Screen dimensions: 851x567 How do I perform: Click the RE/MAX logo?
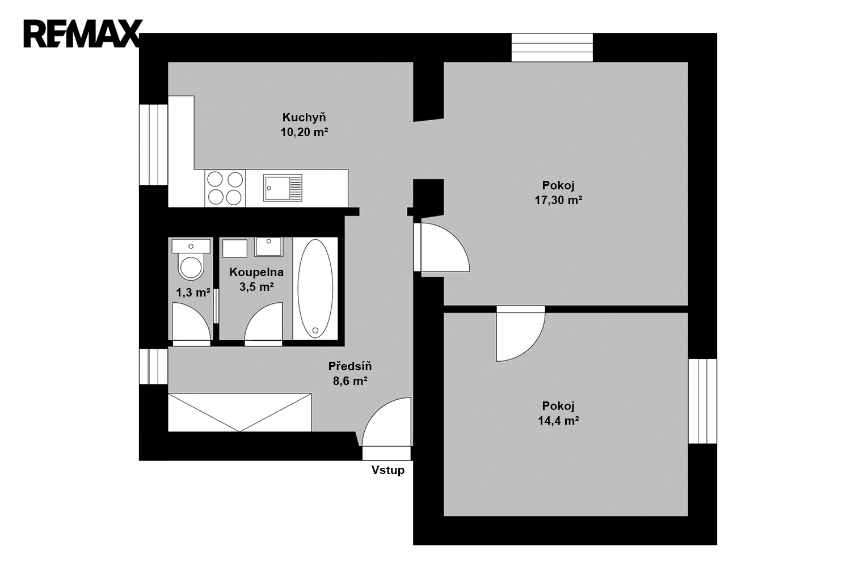[x=83, y=33]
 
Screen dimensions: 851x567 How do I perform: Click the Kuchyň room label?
[x=304, y=117]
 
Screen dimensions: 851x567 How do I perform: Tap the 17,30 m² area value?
[x=558, y=200]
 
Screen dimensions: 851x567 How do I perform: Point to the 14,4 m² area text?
[x=558, y=421]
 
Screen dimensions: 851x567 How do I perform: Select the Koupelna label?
[x=256, y=272]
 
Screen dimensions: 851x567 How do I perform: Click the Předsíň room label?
[x=350, y=366]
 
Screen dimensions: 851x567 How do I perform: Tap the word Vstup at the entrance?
[x=388, y=470]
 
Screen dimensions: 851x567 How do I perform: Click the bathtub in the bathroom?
[x=315, y=288]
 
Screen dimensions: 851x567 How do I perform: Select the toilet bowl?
[x=191, y=267]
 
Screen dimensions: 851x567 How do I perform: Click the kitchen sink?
[x=283, y=188]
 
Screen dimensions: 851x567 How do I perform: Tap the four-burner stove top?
[x=225, y=188]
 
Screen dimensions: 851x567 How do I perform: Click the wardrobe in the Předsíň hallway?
[x=240, y=412]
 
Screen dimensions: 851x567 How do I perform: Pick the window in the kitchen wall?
[x=154, y=145]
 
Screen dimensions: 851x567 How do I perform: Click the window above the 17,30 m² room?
[x=552, y=48]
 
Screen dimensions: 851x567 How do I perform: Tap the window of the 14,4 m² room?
[x=702, y=401]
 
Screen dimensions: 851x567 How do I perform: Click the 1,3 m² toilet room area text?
[x=193, y=293]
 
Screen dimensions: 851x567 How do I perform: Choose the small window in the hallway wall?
[x=154, y=366]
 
